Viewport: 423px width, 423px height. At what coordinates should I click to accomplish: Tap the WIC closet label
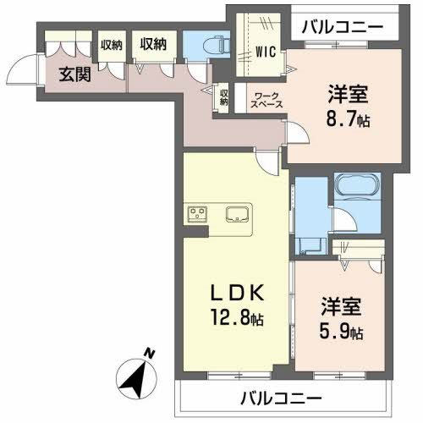pyautogui.click(x=266, y=49)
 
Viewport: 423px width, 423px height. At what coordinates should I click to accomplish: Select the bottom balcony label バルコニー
pyautogui.click(x=280, y=397)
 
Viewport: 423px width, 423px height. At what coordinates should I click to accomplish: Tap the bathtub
pyautogui.click(x=356, y=188)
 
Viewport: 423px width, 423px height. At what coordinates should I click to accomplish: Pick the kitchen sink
pyautogui.click(x=237, y=212)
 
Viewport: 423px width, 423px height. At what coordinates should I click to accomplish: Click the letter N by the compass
pyautogui.click(x=149, y=353)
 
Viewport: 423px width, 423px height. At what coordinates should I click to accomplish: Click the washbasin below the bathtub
pyautogui.click(x=312, y=245)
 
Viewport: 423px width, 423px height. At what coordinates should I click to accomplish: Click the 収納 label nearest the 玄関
pyautogui.click(x=111, y=45)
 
